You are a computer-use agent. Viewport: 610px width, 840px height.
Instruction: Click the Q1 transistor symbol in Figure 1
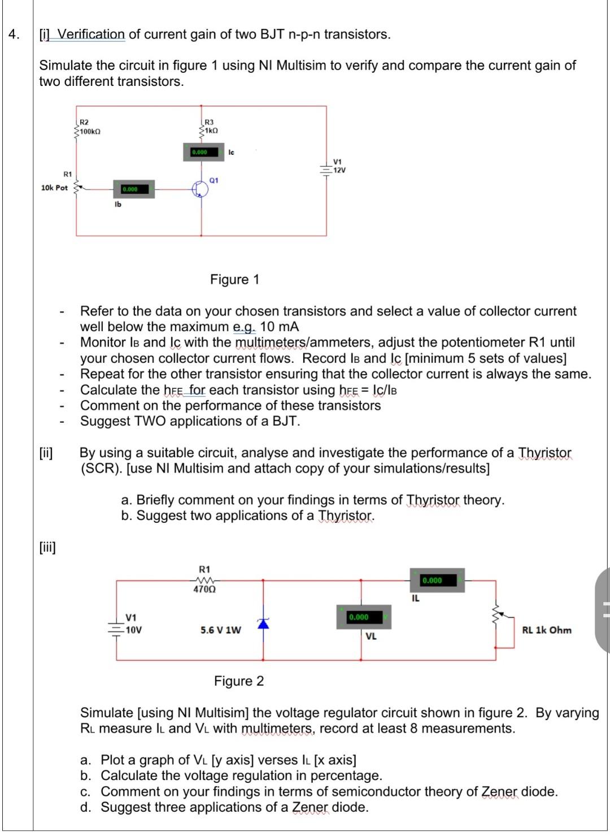point(199,189)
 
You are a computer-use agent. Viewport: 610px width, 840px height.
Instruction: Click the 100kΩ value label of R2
point(90,132)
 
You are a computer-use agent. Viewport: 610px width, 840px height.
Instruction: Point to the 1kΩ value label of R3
point(211,131)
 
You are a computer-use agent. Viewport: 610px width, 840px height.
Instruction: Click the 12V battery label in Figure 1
point(339,170)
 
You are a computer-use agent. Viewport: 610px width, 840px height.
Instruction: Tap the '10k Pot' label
point(54,188)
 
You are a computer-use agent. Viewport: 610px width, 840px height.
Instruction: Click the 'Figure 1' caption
point(234,279)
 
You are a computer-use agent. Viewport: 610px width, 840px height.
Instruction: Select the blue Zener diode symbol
point(263,623)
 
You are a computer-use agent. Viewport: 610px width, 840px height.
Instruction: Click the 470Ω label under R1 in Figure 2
point(204,589)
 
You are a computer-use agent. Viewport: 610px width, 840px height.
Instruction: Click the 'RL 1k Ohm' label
point(546,630)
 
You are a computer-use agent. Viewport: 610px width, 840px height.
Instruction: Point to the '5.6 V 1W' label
point(221,630)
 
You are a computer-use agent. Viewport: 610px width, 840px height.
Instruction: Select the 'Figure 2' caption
point(238,681)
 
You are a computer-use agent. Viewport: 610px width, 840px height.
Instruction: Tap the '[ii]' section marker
point(46,453)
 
